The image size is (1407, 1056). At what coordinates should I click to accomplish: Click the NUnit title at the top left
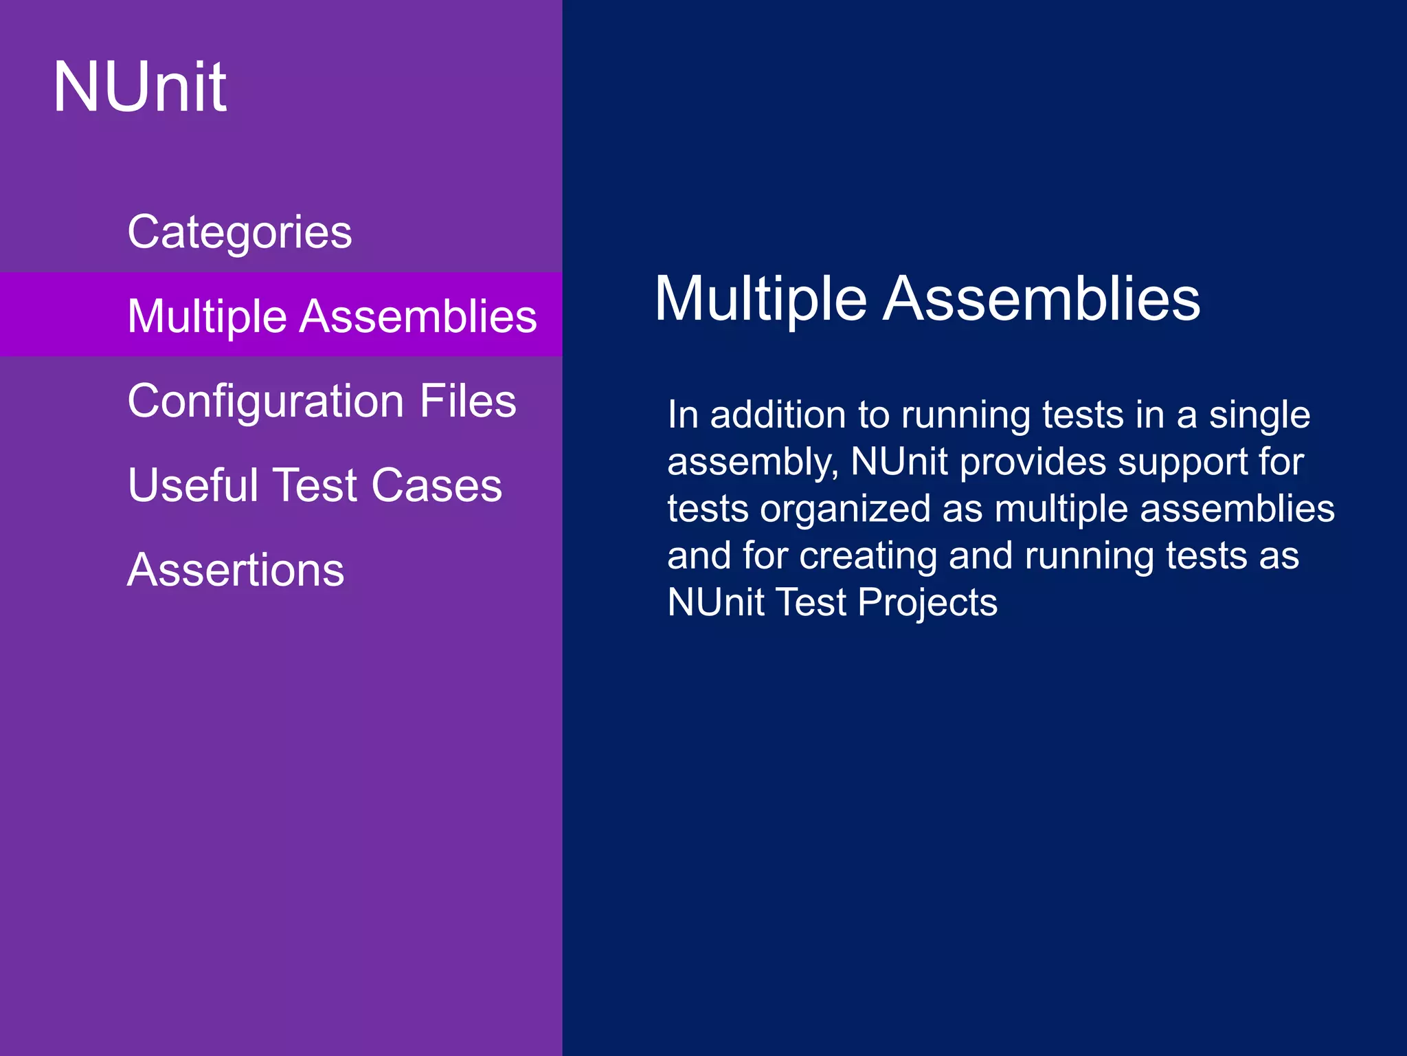[x=139, y=87]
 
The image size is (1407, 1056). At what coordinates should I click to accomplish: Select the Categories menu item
[x=239, y=232]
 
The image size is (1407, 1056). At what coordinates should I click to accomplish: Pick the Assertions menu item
[x=236, y=570]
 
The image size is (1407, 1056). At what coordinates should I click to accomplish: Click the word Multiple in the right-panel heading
[x=760, y=299]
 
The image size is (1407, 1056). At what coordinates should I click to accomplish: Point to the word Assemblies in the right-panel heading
[x=1042, y=299]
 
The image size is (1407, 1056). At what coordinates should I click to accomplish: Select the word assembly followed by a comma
[x=753, y=463]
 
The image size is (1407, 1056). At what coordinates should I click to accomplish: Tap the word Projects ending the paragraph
[x=927, y=603]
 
